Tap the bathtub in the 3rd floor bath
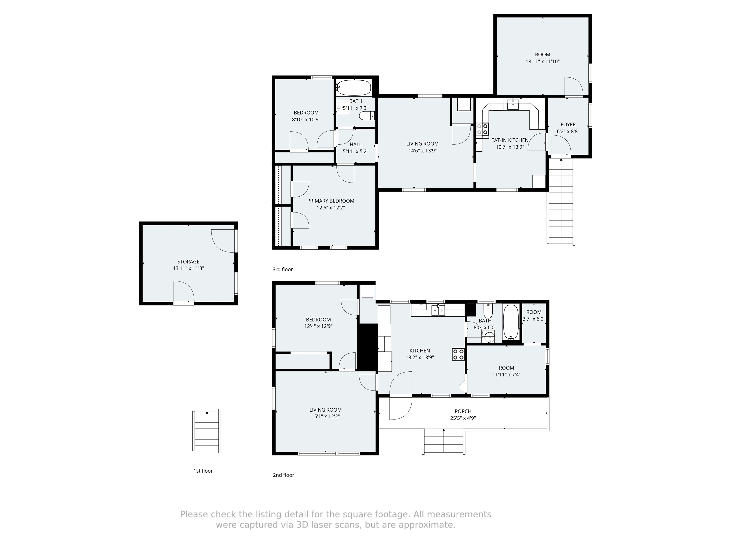tap(354, 88)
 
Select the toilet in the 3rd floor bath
tap(367, 116)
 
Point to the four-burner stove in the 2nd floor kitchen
tap(458, 354)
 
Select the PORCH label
tap(463, 411)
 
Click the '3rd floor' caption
tap(282, 269)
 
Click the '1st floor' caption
tap(203, 471)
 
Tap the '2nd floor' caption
tap(283, 475)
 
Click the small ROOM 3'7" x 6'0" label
tap(534, 312)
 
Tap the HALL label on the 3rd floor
tap(356, 144)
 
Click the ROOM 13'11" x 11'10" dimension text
tap(542, 61)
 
